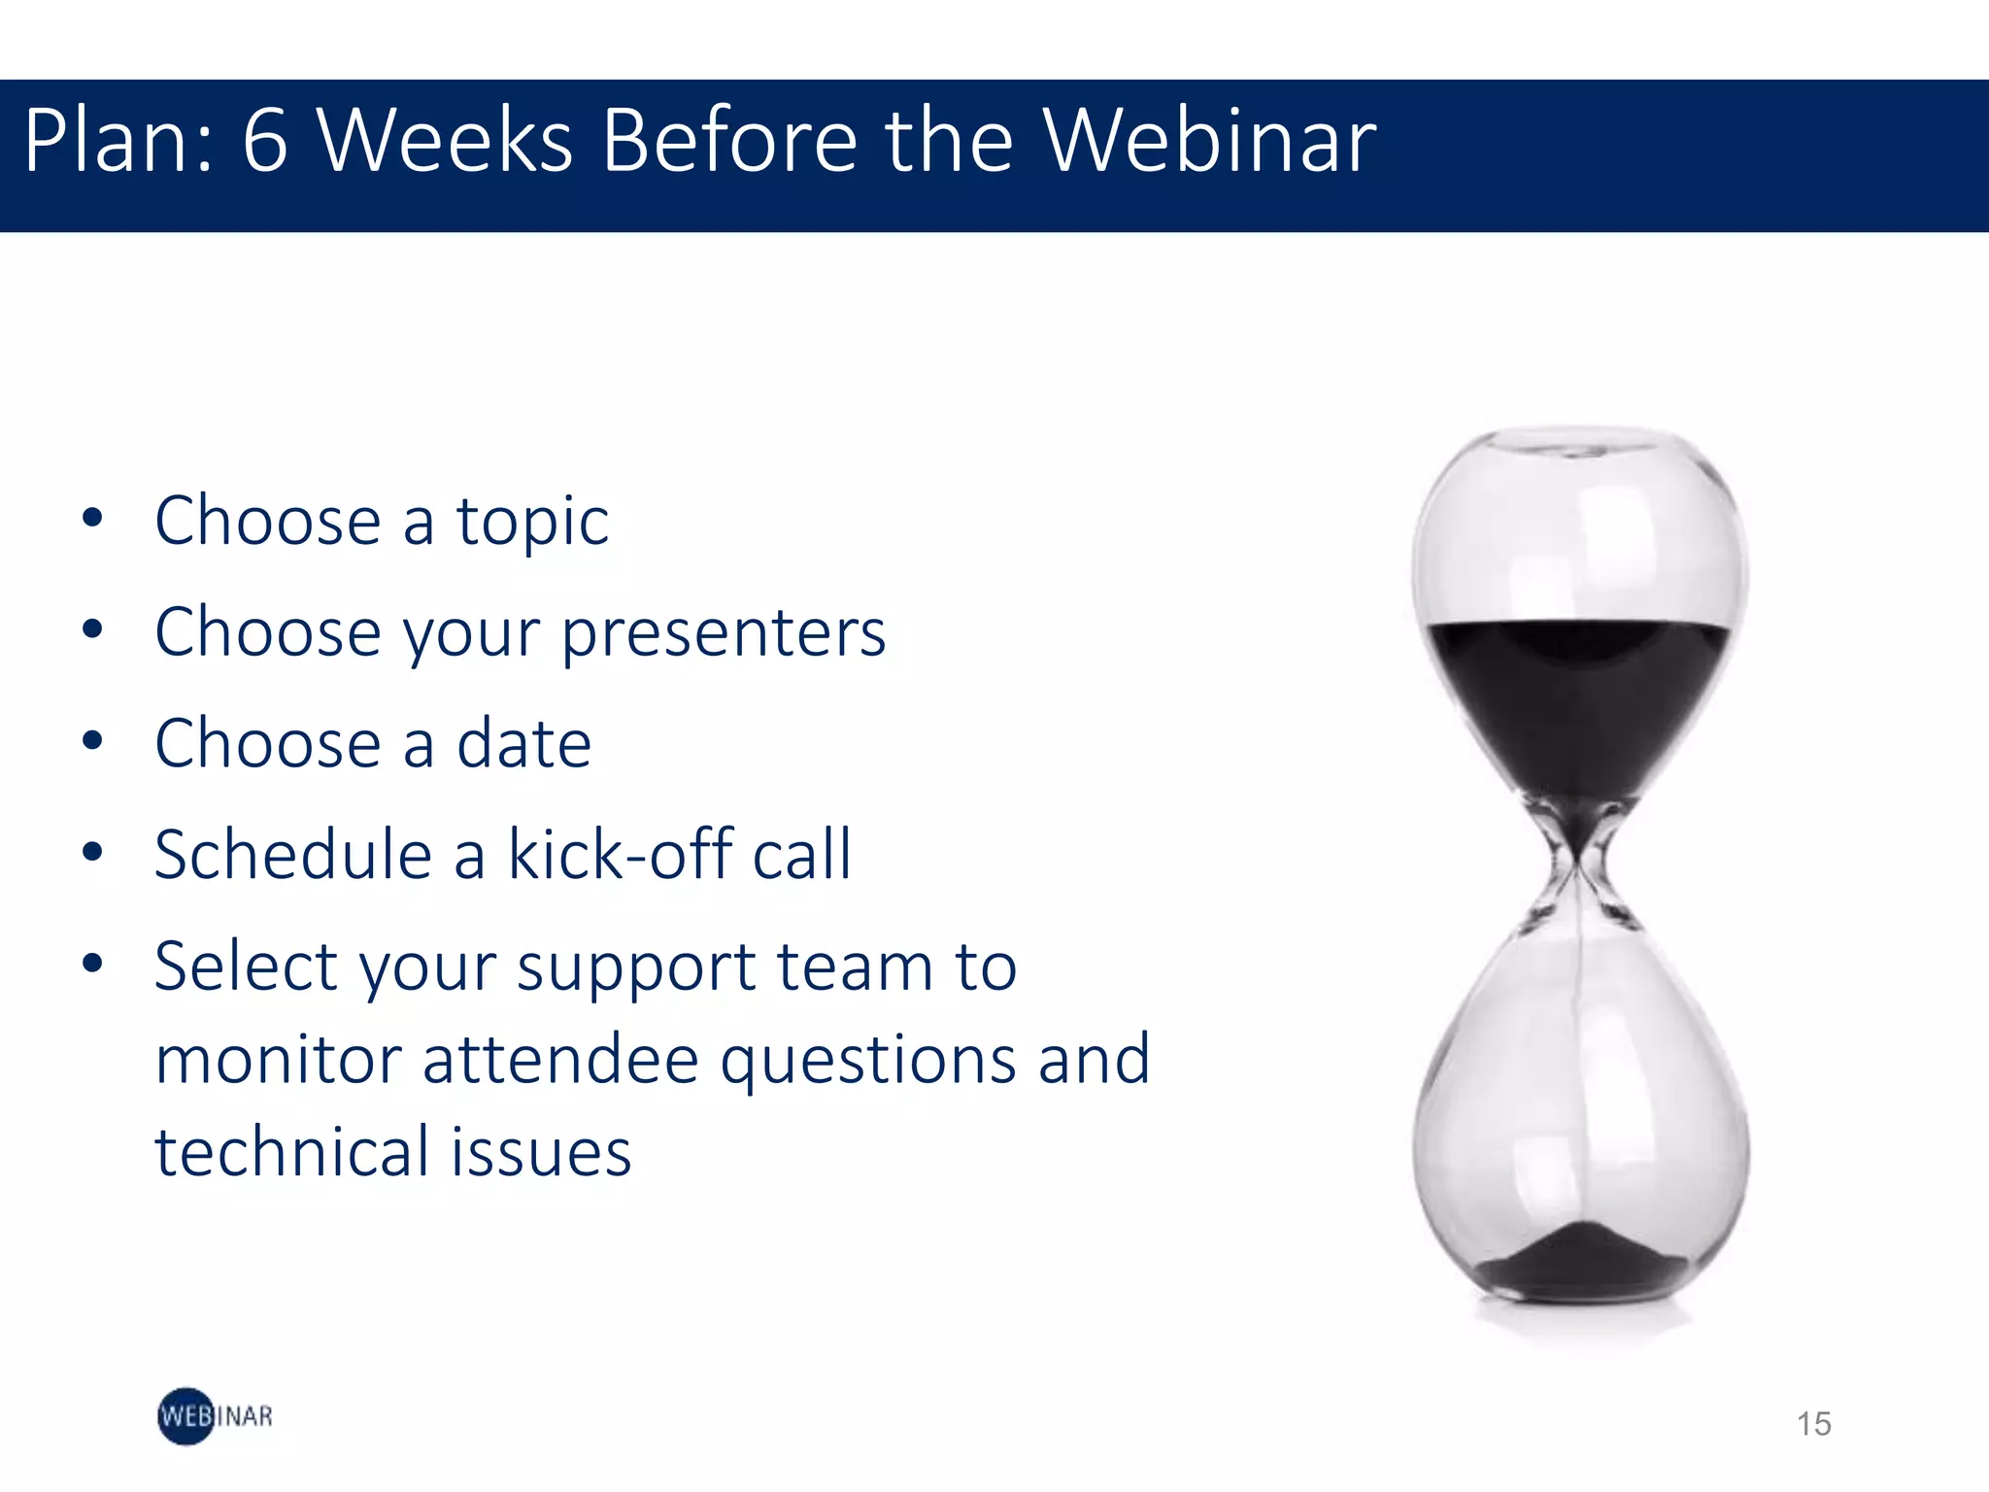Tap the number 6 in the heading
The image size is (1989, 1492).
tap(265, 142)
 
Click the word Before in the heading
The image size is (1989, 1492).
tap(729, 142)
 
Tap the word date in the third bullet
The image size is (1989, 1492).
tap(523, 744)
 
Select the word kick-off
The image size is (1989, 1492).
tap(620, 855)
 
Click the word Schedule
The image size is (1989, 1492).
tap(292, 855)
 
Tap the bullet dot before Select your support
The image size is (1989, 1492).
tap(92, 965)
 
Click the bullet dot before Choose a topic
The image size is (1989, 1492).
tap(92, 519)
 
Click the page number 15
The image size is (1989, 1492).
tap(1813, 1424)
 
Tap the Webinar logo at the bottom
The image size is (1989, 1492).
tap(215, 1416)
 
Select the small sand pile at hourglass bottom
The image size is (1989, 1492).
tap(1580, 1263)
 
